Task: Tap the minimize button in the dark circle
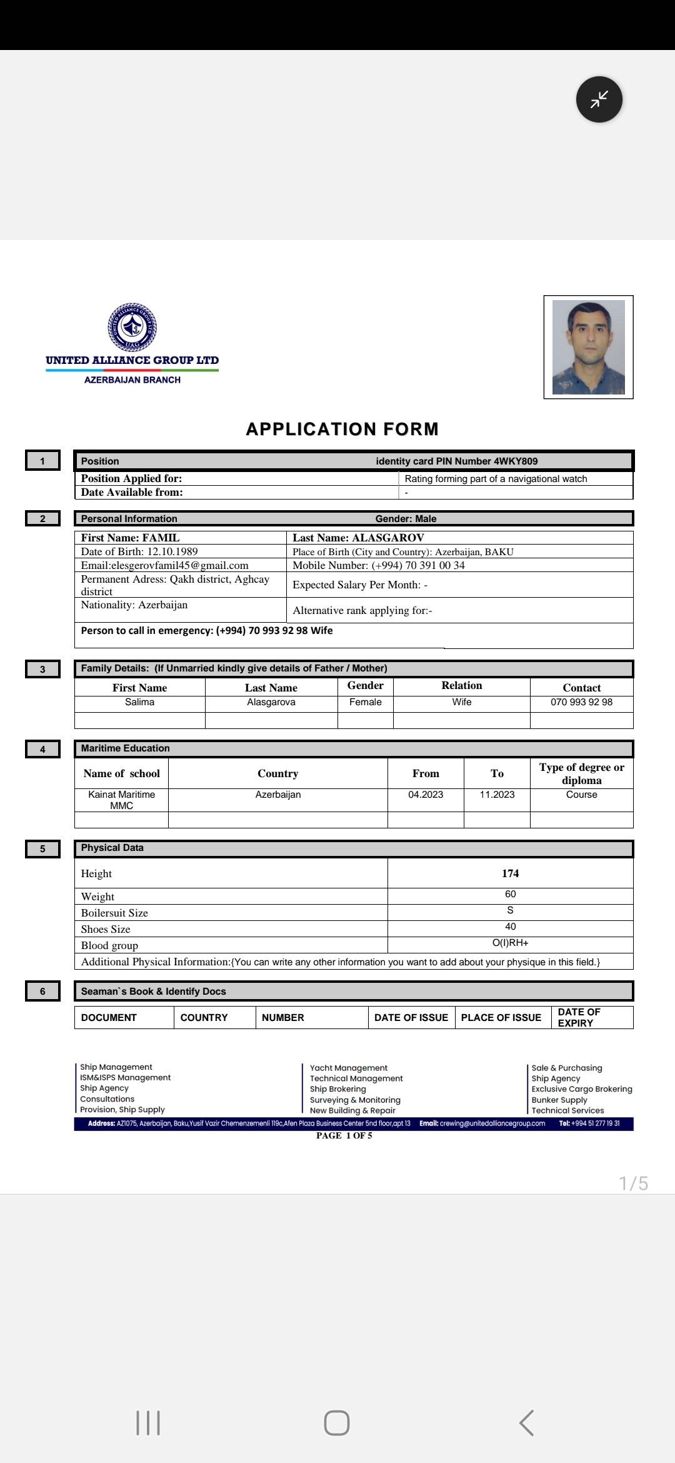coord(599,99)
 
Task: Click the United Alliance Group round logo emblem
coord(132,327)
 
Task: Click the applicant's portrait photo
coord(588,347)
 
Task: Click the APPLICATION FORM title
coord(342,429)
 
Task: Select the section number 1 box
coord(42,461)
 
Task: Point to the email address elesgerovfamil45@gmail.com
coord(165,565)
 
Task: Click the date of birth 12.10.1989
coord(172,551)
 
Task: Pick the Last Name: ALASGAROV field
coord(358,538)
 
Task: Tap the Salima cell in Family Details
coord(139,702)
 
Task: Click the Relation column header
coord(461,685)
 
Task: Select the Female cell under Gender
coord(365,702)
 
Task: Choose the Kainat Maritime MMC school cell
coord(121,800)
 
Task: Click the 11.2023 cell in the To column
coord(497,795)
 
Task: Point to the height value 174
coord(510,873)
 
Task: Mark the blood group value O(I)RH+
coord(510,943)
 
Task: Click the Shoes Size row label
coord(106,929)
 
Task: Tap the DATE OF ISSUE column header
coord(411,1017)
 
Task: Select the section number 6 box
coord(42,991)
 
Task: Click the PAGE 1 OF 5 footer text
coord(344,1135)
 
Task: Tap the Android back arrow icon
coord(526,1422)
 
